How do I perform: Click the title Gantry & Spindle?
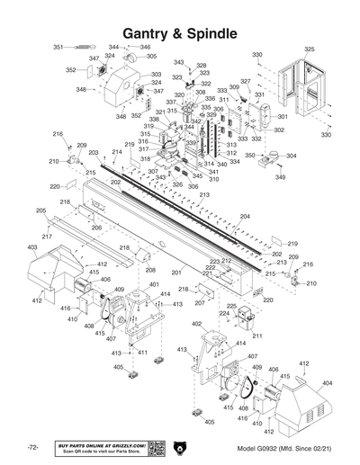pyautogui.click(x=180, y=33)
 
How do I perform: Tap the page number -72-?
pyautogui.click(x=32, y=448)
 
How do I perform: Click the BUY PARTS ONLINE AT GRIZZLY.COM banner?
pyautogui.click(x=100, y=447)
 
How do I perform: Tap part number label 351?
pyautogui.click(x=58, y=47)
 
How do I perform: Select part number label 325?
pyautogui.click(x=309, y=49)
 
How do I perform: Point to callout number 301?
pyautogui.click(x=282, y=116)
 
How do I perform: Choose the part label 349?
pyautogui.click(x=280, y=177)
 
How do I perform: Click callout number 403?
pyautogui.click(x=31, y=246)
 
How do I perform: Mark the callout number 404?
pyautogui.click(x=327, y=383)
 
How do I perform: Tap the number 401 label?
pyautogui.click(x=141, y=285)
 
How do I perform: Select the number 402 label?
pyautogui.click(x=196, y=324)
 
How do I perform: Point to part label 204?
pyautogui.click(x=244, y=217)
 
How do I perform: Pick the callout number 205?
pyautogui.click(x=40, y=210)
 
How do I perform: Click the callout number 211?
pyautogui.click(x=257, y=335)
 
